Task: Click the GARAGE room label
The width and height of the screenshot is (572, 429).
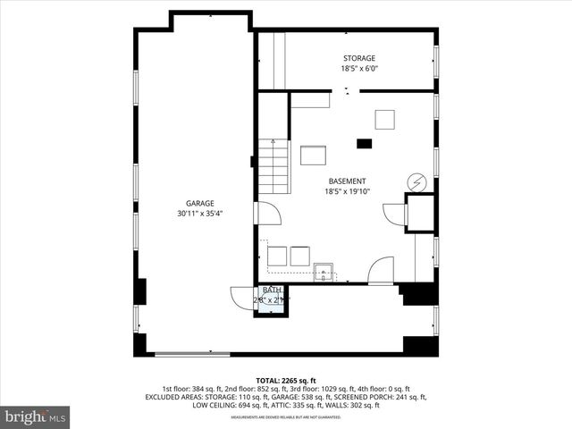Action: (200, 203)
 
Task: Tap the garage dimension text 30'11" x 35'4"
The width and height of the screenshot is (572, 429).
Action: (200, 214)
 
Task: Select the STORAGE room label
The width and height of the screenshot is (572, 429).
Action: (358, 58)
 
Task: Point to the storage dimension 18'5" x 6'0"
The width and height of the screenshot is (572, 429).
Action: (358, 69)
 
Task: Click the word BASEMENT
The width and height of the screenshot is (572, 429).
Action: (347, 180)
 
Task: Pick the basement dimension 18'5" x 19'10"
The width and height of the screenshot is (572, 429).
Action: (347, 190)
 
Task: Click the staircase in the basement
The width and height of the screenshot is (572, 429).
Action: (273, 166)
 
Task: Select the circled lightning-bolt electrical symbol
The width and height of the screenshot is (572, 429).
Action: (416, 182)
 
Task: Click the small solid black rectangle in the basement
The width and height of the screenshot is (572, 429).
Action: (364, 143)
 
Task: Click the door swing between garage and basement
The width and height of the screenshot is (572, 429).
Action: (267, 213)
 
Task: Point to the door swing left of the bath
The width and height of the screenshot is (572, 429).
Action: (241, 298)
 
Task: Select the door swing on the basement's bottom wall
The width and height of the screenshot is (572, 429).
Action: (381, 270)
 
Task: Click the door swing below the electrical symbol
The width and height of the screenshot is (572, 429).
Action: (393, 214)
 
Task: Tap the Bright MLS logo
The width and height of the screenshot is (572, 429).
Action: (36, 416)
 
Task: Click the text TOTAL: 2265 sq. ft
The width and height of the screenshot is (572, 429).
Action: (286, 380)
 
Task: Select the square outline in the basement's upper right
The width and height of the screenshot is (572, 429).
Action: (384, 119)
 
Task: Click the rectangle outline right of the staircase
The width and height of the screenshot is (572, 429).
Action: (313, 156)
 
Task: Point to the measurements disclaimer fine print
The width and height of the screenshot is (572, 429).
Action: (286, 417)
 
